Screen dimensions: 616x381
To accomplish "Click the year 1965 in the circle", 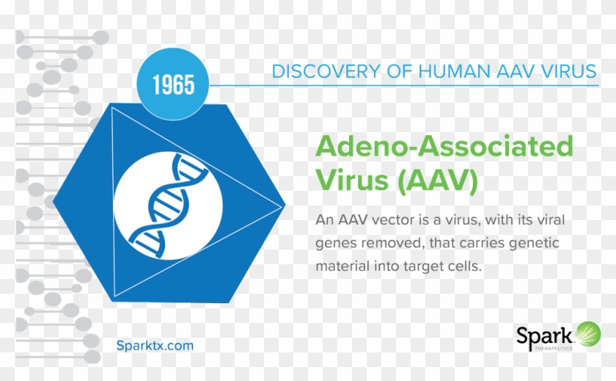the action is (x=173, y=84).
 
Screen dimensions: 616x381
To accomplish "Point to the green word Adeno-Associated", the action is (x=444, y=145).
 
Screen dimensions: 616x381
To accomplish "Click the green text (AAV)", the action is (x=437, y=180).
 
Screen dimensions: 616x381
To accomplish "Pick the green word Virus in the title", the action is (x=353, y=180).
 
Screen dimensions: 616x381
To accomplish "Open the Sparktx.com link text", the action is (x=155, y=346).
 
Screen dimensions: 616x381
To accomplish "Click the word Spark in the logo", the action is (x=544, y=336).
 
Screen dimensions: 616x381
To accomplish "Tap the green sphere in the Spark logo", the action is (x=588, y=334).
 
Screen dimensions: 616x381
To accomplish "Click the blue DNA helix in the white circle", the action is (x=168, y=206).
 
